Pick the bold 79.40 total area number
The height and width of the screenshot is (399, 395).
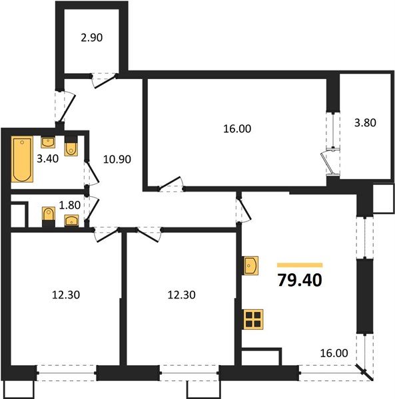tap(300, 280)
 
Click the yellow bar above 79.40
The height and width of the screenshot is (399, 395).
tap(300, 264)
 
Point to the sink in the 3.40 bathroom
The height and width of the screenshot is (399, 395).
tap(48, 142)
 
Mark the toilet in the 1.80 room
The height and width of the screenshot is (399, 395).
tap(48, 215)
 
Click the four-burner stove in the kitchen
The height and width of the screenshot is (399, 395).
tap(253, 320)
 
